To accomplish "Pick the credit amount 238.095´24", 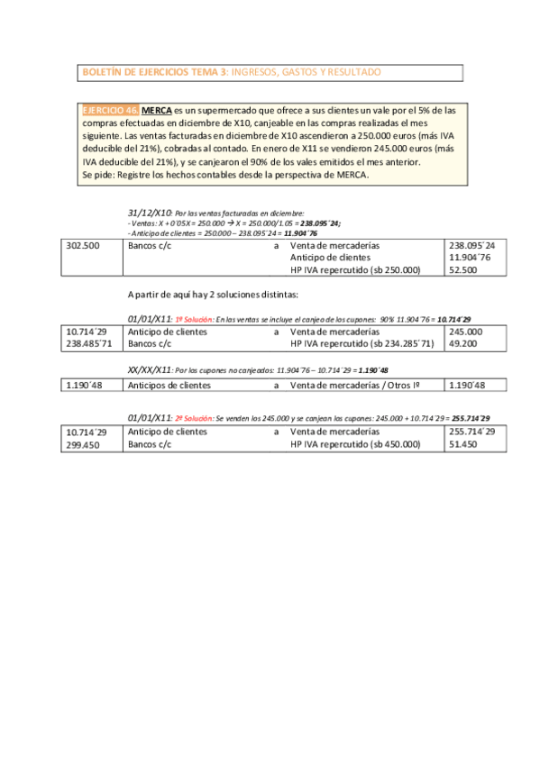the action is point(476,245).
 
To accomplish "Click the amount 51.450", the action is point(464,444).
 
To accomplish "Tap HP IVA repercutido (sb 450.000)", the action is point(355,444).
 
